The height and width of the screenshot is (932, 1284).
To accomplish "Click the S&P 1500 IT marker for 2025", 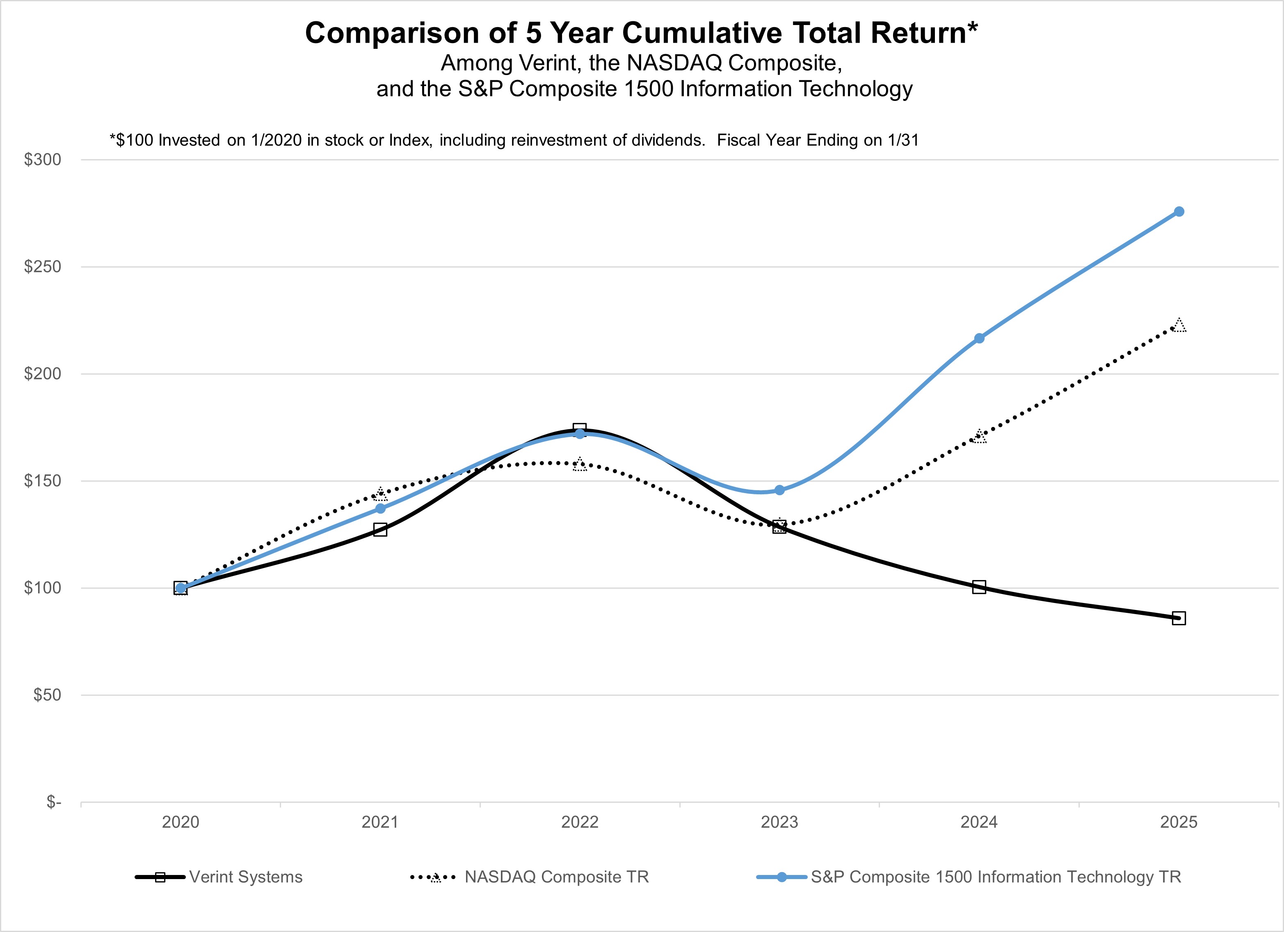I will [1179, 212].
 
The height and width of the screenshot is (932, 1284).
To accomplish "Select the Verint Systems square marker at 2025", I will [1179, 618].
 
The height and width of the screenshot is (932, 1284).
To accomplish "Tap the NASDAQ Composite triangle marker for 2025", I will [1179, 325].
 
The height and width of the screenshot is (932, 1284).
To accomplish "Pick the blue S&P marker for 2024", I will [979, 338].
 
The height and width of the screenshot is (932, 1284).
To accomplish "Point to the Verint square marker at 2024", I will [979, 587].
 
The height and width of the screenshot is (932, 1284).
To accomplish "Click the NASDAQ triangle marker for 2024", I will [979, 436].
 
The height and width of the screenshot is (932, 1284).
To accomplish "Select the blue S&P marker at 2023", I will [779, 490].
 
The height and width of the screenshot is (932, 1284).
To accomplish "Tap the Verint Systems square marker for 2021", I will [380, 530].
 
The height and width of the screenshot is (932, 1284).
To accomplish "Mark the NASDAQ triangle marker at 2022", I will [580, 465].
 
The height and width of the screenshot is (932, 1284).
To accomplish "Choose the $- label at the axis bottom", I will [53, 802].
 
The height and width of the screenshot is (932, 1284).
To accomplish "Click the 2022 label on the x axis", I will [580, 822].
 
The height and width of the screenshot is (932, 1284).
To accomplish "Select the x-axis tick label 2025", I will [1179, 822].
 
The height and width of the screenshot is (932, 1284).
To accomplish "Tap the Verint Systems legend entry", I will [245, 877].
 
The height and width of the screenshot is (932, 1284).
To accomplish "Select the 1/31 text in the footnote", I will [904, 140].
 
